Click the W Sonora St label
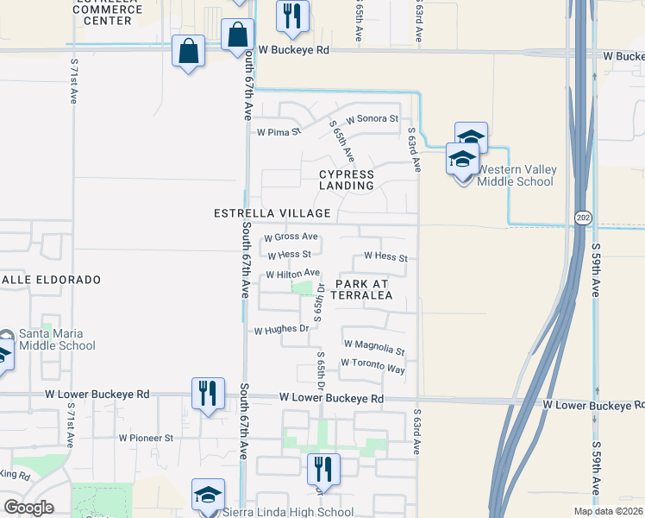pos(372,118)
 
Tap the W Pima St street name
pos(278,133)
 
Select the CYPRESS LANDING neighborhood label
pos(347,180)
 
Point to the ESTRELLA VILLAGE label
pos(272,213)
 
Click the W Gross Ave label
pos(291,237)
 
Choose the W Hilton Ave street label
pos(292,274)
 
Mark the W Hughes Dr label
pos(281,330)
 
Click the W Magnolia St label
pos(373,350)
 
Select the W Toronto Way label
pos(373,369)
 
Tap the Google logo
pos(28,507)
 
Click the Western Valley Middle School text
pos(515,175)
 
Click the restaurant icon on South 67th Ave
pos(207,394)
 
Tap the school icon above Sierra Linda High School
pos(208,495)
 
